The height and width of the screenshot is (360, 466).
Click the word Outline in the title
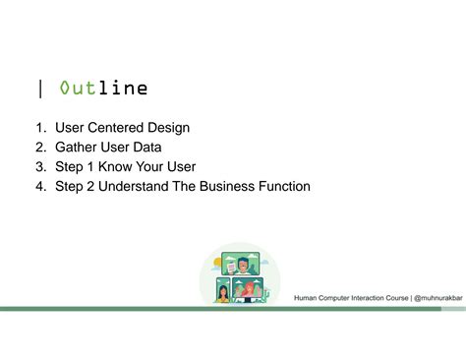(x=103, y=90)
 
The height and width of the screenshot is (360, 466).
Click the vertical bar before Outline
(x=40, y=90)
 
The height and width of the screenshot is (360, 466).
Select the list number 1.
(x=39, y=128)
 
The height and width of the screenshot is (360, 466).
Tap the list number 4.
(x=39, y=186)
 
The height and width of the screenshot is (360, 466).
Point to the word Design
(x=168, y=128)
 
